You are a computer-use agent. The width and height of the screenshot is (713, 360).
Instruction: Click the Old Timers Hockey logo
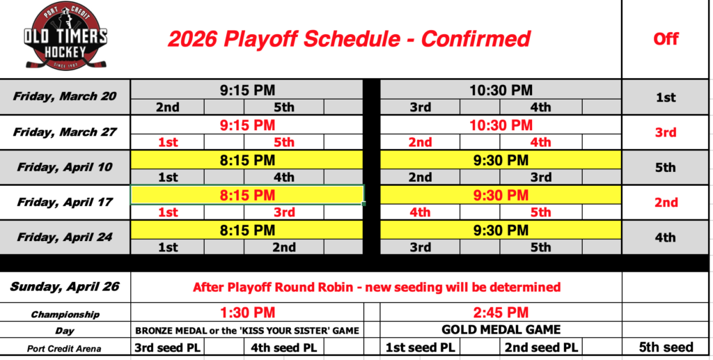pos(65,36)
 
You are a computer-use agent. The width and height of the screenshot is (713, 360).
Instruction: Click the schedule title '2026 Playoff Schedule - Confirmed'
pos(349,39)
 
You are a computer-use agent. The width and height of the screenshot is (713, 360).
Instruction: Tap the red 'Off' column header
pos(666,39)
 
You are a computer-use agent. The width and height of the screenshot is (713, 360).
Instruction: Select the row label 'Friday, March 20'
pos(65,96)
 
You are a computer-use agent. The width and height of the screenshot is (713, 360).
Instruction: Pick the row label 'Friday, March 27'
pos(65,132)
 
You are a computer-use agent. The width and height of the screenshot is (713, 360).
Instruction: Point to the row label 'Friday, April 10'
pos(65,167)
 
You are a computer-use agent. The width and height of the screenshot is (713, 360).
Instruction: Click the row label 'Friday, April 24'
pos(65,237)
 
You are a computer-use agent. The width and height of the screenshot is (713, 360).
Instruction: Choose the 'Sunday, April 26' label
pos(65,286)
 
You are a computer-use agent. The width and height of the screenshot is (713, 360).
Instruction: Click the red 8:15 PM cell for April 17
pos(247,195)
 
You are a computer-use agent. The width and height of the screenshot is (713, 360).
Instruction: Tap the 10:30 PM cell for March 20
pos(501,90)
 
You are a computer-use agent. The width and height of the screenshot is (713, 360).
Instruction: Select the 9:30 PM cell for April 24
pos(501,230)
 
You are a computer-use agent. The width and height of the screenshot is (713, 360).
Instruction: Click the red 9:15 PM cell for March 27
pos(247,125)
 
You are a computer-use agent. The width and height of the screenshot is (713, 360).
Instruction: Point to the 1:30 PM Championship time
pos(247,313)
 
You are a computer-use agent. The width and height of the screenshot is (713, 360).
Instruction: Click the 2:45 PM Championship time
pos(501,313)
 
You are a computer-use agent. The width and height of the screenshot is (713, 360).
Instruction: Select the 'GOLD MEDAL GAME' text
pos(501,329)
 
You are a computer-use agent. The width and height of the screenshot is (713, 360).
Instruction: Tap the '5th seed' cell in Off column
pos(666,347)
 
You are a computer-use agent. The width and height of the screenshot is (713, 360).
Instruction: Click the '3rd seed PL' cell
pos(167,348)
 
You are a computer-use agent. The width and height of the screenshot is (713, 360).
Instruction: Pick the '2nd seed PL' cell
pos(541,348)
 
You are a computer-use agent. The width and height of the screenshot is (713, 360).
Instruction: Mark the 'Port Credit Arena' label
pos(64,349)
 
